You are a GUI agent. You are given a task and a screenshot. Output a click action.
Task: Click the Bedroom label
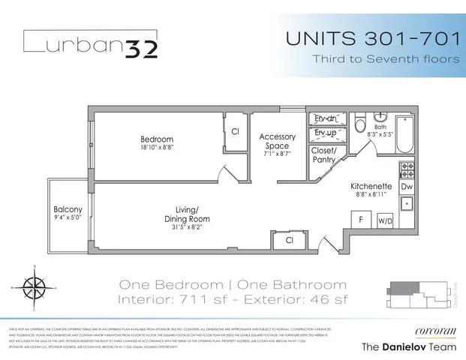tap(157, 139)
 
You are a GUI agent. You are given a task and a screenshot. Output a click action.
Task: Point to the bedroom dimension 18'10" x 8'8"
tap(157, 149)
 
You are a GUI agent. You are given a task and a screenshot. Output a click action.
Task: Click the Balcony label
tap(68, 209)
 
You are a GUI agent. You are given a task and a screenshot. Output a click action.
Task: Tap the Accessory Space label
tap(278, 141)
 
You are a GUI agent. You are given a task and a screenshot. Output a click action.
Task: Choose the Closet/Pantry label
tap(326, 154)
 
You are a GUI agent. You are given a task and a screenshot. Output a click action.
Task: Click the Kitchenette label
tap(372, 186)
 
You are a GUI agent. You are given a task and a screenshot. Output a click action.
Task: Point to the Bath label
tap(380, 127)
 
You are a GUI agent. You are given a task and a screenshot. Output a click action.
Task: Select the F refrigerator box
tap(360, 220)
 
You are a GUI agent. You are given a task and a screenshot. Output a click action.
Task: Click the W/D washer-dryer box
tap(385, 220)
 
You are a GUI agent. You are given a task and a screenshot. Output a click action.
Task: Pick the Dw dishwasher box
tap(406, 185)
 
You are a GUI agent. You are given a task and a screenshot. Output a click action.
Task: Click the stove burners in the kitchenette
tap(406, 168)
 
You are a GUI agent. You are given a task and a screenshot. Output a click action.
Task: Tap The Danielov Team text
tap(410, 346)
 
